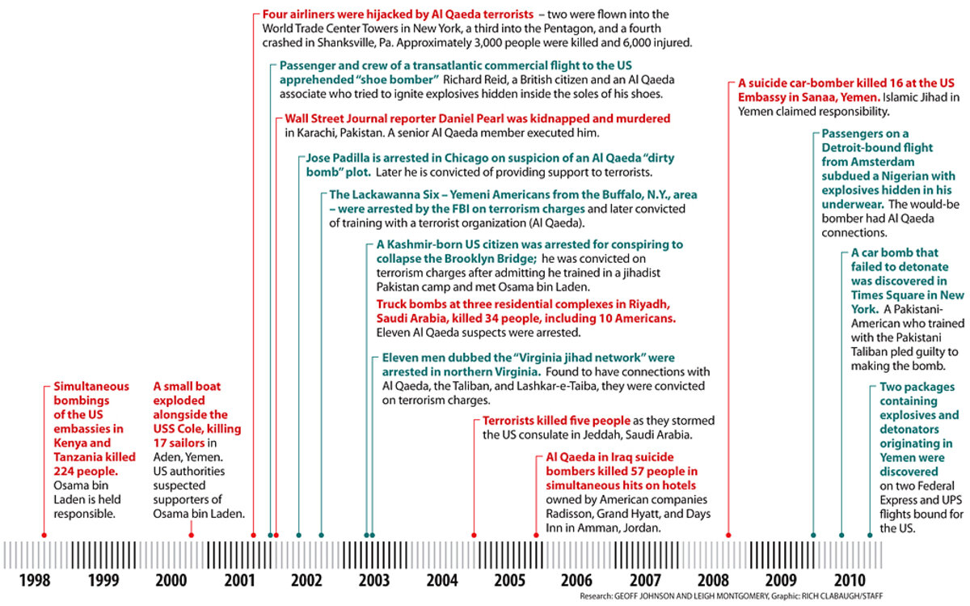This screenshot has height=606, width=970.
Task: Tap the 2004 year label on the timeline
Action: (x=442, y=580)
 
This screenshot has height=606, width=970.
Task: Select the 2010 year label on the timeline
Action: (x=848, y=580)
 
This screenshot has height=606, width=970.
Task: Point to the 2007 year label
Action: (x=645, y=580)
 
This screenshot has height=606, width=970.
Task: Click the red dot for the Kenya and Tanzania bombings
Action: (x=44, y=535)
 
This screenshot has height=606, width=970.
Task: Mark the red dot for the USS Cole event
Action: (x=192, y=535)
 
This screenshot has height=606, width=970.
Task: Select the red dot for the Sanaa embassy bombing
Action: (x=729, y=535)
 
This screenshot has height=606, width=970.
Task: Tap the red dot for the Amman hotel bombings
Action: (x=537, y=535)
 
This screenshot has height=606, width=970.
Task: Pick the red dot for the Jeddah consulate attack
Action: (x=474, y=535)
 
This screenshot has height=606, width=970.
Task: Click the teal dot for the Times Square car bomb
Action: (x=841, y=535)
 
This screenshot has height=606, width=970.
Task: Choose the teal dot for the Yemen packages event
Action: (x=871, y=535)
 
